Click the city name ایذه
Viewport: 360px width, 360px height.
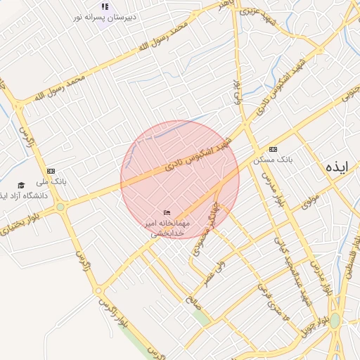337,167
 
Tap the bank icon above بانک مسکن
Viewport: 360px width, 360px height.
273,149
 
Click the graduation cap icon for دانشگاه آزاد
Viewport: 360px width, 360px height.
22,185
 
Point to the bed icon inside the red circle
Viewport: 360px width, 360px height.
167,212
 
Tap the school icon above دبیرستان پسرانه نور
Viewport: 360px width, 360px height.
105,6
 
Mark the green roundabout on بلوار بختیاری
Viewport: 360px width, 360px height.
60,207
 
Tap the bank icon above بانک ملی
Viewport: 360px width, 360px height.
51,171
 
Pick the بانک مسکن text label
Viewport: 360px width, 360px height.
278,160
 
